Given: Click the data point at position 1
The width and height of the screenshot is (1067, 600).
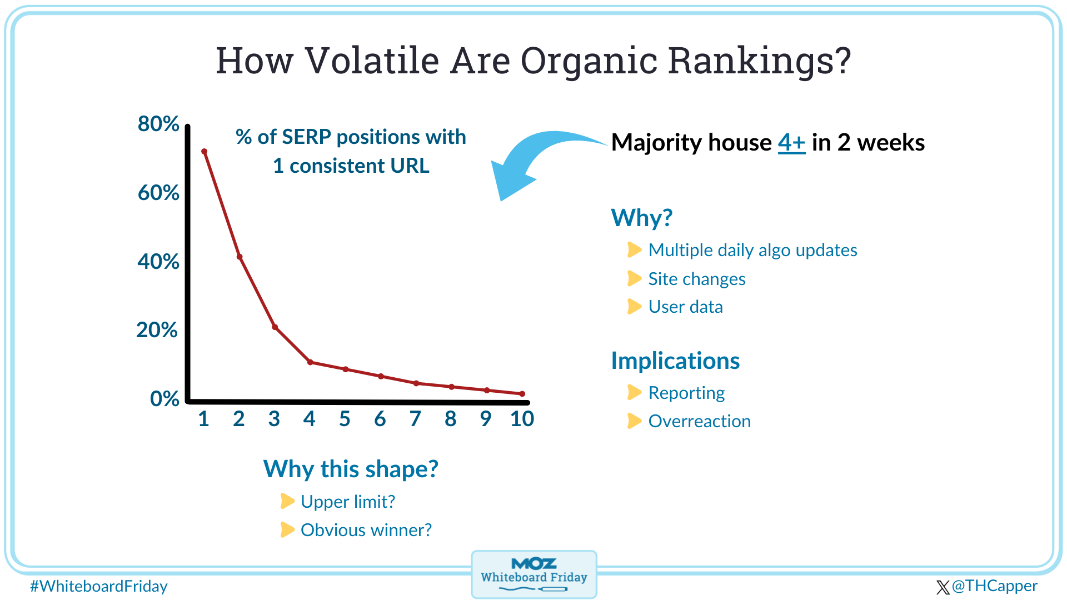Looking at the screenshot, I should click(x=204, y=152).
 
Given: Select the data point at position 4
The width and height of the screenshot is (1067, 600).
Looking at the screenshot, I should click(x=310, y=362).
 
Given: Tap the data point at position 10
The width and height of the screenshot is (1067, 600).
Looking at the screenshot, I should click(x=522, y=394).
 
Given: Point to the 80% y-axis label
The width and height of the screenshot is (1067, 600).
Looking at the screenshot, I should click(x=158, y=124).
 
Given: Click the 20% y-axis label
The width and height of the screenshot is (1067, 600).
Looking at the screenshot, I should click(x=157, y=330).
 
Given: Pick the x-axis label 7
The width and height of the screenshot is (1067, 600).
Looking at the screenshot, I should click(x=415, y=419).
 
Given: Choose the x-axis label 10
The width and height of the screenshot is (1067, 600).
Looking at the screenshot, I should click(x=522, y=419).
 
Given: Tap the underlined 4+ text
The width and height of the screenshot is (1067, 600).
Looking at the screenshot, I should click(x=791, y=143).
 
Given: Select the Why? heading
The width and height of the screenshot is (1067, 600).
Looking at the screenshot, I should click(x=642, y=218).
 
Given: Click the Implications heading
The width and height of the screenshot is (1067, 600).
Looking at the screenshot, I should click(x=675, y=361).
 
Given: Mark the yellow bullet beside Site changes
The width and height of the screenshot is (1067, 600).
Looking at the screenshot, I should click(x=634, y=278).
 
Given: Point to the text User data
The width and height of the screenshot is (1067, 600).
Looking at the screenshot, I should click(x=685, y=307).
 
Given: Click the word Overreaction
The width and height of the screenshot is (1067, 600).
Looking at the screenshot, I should click(x=699, y=422).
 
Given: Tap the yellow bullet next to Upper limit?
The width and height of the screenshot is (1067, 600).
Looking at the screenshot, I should click(x=287, y=501).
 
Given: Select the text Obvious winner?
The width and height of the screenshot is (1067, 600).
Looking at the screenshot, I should click(x=366, y=531).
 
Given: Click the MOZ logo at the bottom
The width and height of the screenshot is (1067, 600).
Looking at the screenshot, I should click(x=533, y=564).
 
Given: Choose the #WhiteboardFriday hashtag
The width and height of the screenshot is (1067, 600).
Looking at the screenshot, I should click(x=99, y=587).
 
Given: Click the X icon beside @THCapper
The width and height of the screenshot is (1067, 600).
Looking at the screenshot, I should click(x=943, y=587).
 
